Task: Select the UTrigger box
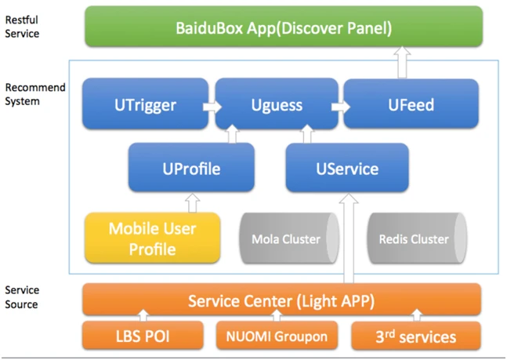[x=141, y=103]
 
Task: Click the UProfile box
[x=190, y=168]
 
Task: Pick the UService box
[x=346, y=168]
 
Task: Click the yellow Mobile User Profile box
[x=152, y=239]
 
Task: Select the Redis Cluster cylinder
[x=416, y=239]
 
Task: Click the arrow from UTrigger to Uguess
[x=209, y=104]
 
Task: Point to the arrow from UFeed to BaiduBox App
[x=403, y=61]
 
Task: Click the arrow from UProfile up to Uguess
[x=231, y=136]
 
